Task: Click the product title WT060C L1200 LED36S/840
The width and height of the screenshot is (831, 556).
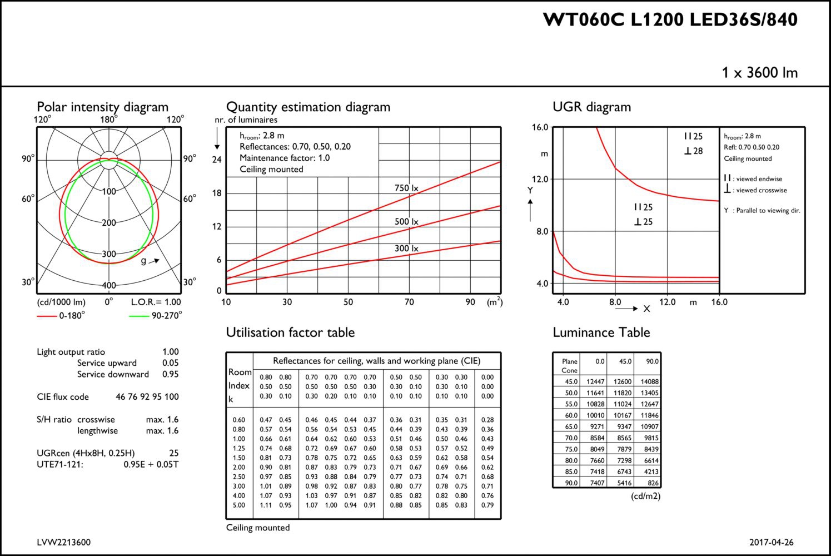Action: pos(670,19)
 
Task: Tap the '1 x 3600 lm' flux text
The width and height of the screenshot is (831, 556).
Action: pos(759,72)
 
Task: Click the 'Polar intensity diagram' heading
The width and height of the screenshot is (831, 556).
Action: pos(102,107)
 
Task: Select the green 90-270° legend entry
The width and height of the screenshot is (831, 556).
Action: pos(156,315)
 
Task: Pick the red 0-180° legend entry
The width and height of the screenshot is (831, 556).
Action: pos(61,315)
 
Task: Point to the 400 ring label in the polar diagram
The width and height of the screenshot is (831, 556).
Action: pos(109,285)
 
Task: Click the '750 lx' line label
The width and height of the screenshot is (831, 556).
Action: pos(406,188)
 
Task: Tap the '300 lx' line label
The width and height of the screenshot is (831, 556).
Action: pos(406,249)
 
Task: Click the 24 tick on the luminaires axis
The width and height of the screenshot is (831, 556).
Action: pos(217,160)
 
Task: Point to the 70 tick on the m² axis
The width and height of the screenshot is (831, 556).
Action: pos(409,302)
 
